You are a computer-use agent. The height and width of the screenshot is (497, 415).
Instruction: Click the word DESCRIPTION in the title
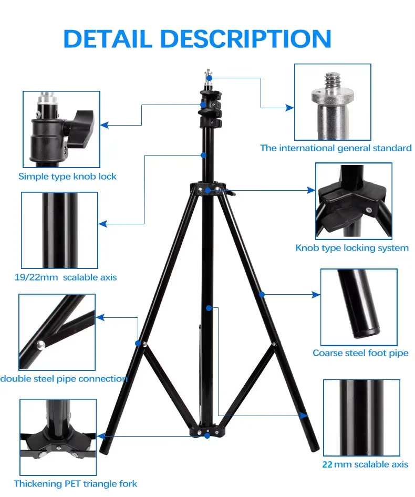click(246, 39)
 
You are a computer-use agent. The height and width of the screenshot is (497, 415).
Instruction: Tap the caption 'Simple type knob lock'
click(67, 177)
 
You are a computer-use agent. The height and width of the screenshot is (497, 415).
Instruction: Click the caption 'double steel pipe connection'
click(64, 379)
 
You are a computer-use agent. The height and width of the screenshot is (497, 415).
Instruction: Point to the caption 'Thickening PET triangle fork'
click(76, 483)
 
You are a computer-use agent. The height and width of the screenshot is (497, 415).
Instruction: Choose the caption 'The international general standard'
click(336, 148)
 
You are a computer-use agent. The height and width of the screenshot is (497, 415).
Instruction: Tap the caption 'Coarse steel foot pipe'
click(360, 353)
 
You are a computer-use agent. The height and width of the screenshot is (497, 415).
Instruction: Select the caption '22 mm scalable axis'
click(365, 464)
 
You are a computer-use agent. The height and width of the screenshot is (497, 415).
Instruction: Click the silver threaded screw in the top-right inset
click(332, 81)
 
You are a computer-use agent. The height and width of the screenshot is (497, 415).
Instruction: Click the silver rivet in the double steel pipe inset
click(40, 345)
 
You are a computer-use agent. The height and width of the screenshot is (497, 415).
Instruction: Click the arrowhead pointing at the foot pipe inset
click(316, 295)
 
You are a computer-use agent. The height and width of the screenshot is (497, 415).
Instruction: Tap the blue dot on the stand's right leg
click(262, 295)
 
